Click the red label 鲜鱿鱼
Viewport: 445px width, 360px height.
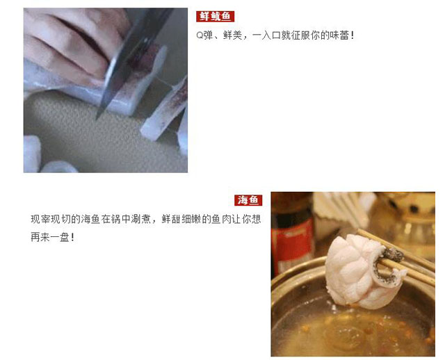click(215, 17)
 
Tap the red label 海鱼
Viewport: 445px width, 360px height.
click(248, 200)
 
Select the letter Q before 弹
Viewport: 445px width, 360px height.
click(200, 35)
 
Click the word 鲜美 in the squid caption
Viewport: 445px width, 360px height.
click(232, 35)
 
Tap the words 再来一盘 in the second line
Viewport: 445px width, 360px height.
click(49, 237)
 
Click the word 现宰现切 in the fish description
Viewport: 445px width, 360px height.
click(51, 220)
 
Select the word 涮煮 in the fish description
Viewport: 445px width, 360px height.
click(141, 220)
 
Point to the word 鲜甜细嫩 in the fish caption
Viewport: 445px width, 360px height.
click(181, 220)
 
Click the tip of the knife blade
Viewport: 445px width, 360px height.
click(97, 117)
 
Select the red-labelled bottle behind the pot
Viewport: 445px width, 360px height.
click(292, 236)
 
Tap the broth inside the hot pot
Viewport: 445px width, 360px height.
click(352, 329)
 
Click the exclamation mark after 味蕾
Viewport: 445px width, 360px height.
click(353, 35)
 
